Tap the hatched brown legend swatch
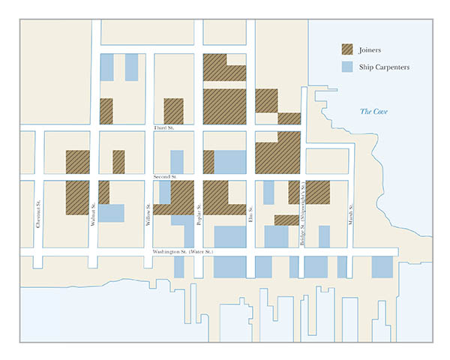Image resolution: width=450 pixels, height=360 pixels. [x=348, y=50]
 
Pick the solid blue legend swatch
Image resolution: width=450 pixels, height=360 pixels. [x=348, y=67]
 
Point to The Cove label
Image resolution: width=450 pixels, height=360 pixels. [x=373, y=112]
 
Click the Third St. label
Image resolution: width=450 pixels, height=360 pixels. [x=163, y=128]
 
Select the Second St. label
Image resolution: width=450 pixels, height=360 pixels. [x=163, y=177]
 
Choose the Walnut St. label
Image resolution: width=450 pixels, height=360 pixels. [x=93, y=215]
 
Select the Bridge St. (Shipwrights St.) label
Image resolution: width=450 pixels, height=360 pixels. [x=301, y=213]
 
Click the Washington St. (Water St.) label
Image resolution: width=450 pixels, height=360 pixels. [x=183, y=251]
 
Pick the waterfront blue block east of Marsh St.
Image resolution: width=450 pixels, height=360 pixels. [x=382, y=267]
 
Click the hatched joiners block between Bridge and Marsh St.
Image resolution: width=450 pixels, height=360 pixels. [x=318, y=193]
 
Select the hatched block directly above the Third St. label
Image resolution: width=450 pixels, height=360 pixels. [x=174, y=111]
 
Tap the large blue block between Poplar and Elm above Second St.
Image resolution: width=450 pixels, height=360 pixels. [x=230, y=162]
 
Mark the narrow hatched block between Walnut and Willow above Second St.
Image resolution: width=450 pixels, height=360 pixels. [x=118, y=162]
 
